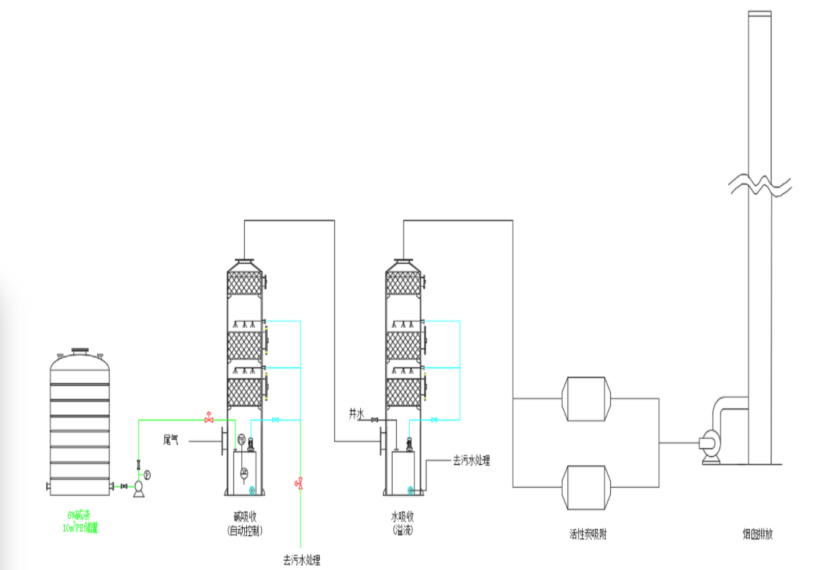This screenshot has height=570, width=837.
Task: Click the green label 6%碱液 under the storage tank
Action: pos(79,515)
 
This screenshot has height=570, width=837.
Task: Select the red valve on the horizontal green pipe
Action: pos(209,418)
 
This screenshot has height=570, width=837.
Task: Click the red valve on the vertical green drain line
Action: pos(299,483)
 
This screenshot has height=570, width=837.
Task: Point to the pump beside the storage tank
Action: pos(140,488)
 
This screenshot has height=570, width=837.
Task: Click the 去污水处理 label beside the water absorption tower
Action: pos(471,460)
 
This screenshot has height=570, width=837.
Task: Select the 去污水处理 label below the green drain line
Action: pos(301,560)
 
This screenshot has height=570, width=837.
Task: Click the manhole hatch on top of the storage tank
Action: pos(80,352)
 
